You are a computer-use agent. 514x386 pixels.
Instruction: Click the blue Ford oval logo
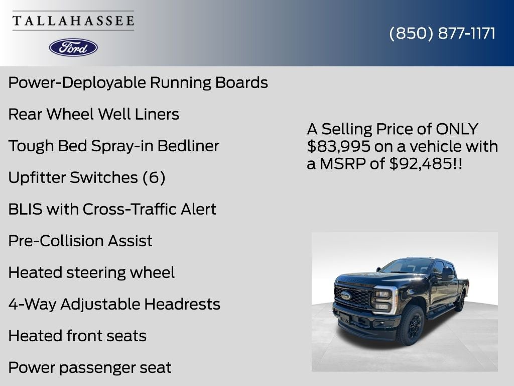click(x=73, y=47)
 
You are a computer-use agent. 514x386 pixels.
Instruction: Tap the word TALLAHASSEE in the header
click(x=73, y=21)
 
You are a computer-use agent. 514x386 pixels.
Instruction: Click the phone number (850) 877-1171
click(x=442, y=33)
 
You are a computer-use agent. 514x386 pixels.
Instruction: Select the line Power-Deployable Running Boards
click(x=138, y=82)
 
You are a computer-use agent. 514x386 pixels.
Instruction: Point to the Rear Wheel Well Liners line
click(x=93, y=114)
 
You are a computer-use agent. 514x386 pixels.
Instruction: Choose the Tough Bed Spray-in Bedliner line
click(x=113, y=146)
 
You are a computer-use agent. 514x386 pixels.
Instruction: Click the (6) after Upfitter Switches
click(x=154, y=177)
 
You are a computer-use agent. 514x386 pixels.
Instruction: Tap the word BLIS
click(x=25, y=209)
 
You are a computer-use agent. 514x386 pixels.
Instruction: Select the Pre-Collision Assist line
click(x=80, y=241)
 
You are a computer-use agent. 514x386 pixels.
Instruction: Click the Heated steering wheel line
click(x=91, y=272)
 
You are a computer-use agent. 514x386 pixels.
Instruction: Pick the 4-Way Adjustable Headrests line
click(x=114, y=304)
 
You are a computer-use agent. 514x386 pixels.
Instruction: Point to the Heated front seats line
click(x=77, y=336)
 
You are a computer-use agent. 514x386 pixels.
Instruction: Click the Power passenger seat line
click(x=90, y=367)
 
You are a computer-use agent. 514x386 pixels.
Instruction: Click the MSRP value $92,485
click(x=421, y=163)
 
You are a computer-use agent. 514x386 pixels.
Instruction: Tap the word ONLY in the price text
click(x=457, y=129)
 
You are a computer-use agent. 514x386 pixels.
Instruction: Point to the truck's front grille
click(x=353, y=297)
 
